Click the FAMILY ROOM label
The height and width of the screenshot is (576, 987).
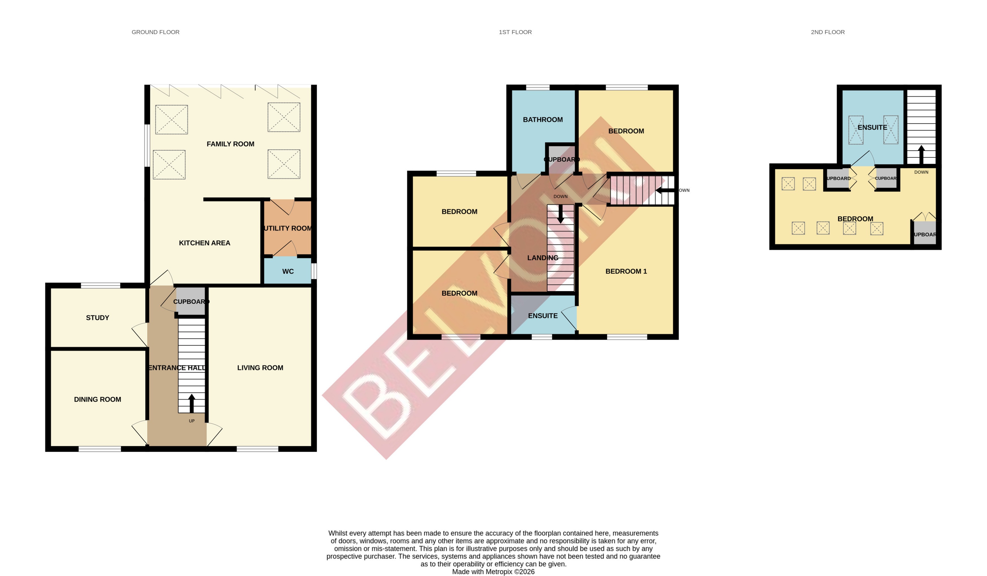tap(230, 144)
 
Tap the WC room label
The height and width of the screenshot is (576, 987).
tap(288, 272)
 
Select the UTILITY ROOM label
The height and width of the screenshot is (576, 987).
tap(288, 228)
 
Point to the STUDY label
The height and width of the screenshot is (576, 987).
tap(98, 318)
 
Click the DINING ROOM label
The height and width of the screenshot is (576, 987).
tap(98, 399)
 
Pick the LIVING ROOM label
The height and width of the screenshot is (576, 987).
tap(260, 368)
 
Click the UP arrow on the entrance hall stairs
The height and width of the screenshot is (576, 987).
tap(191, 404)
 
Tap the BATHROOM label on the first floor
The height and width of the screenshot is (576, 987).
tap(543, 120)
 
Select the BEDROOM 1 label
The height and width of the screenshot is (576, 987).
tap(626, 271)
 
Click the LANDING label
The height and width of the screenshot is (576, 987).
tap(543, 258)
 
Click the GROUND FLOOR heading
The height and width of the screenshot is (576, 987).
tap(155, 32)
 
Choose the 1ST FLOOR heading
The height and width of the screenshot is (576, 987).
tap(515, 32)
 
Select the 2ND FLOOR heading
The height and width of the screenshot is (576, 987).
tap(828, 32)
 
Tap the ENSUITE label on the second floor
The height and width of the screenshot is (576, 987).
tap(872, 127)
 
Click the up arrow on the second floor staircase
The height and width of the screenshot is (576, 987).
tap(921, 154)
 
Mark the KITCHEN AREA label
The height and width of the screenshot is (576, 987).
tap(204, 243)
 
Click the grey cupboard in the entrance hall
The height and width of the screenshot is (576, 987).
tap(191, 301)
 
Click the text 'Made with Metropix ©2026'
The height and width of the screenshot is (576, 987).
tap(493, 572)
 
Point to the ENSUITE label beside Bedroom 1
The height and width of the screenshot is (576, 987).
tap(543, 316)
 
